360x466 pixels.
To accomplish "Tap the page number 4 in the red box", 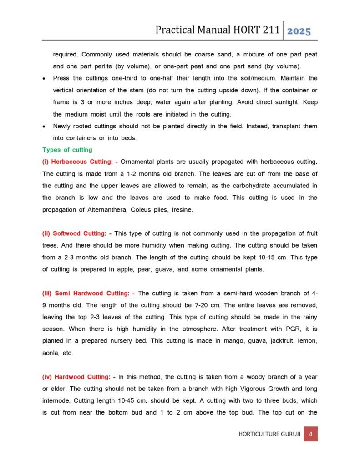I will (310, 434).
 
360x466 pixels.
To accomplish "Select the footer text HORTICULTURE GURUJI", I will (269, 434).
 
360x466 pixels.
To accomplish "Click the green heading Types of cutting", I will (67, 150).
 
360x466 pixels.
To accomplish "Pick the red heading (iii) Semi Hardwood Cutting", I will (88, 293).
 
